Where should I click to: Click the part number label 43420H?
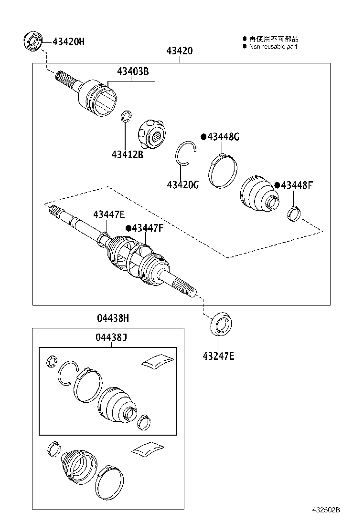tap(68, 41)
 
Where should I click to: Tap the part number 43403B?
tap(133, 71)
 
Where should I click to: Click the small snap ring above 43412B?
tap(126, 117)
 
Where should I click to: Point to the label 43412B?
tap(127, 154)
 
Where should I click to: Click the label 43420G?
tap(183, 184)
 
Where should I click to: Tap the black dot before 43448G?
tap(203, 137)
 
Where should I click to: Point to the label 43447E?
tap(109, 214)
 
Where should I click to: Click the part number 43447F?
tap(148, 228)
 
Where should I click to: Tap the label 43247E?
tap(218, 356)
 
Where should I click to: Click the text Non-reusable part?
tap(273, 47)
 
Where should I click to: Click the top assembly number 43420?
tap(180, 51)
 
